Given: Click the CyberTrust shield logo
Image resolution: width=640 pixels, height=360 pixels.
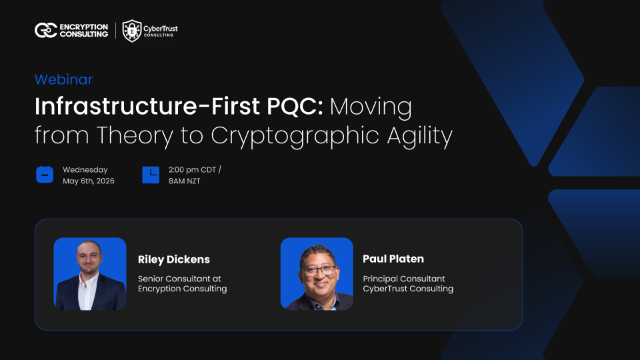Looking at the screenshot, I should pos(131,31).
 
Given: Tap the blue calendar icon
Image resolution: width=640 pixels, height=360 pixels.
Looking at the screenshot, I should pos(44,175).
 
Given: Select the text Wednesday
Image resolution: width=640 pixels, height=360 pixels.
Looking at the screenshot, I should pos(85,169).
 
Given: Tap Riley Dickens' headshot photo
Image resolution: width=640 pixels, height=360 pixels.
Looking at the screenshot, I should pos(90,273).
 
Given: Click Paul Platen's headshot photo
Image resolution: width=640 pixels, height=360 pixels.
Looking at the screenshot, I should pos(317,273).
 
